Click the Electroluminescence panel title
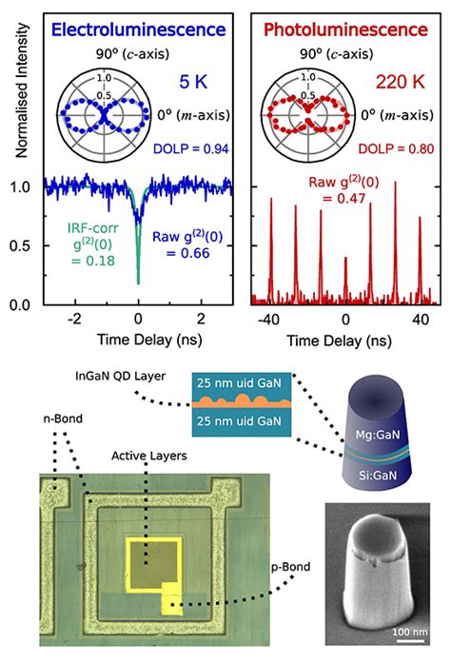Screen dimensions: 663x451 [138, 30]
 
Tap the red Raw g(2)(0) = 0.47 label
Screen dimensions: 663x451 [345, 189]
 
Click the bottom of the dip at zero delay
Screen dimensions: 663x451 [139, 282]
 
